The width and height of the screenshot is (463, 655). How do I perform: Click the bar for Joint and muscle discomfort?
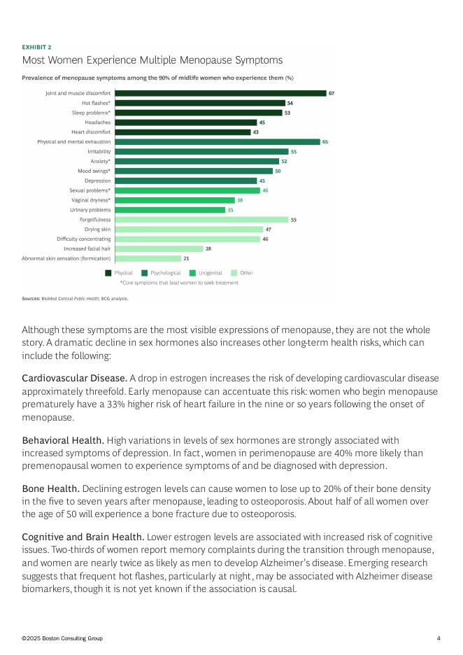click(x=220, y=93)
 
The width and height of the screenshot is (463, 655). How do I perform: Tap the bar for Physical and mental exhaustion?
click(x=217, y=141)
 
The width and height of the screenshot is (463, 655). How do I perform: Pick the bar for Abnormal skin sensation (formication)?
click(x=147, y=258)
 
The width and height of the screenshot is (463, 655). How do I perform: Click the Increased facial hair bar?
click(x=158, y=248)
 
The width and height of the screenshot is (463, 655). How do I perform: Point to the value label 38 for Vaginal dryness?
click(x=239, y=200)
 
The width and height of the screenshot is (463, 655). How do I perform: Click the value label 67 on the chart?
click(x=332, y=93)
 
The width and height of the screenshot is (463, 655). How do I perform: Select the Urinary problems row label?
click(x=90, y=210)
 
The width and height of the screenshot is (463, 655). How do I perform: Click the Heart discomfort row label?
click(x=91, y=132)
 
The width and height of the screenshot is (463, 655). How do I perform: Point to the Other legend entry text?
click(x=246, y=273)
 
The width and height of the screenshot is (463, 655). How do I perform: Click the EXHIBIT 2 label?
click(x=36, y=47)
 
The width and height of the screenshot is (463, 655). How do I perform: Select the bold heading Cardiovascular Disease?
click(x=74, y=378)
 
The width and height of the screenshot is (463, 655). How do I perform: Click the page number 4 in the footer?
click(x=439, y=638)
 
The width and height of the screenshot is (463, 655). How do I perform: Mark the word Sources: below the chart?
click(x=31, y=298)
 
